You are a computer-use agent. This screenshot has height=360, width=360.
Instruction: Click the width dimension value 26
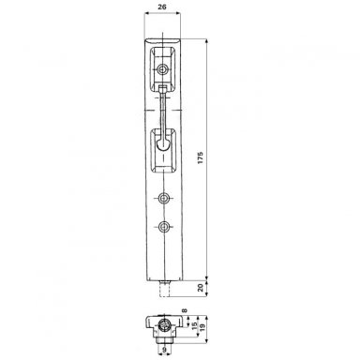pos(162,7)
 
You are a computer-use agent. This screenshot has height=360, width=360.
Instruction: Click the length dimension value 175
pos(201,157)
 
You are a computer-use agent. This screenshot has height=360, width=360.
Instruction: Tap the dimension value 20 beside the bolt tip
pos(201,288)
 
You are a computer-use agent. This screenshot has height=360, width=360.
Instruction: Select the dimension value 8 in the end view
pos(185,310)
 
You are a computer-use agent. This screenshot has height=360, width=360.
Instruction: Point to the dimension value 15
pos(194,326)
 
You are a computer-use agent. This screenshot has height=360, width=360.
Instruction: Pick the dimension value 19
pos(202,327)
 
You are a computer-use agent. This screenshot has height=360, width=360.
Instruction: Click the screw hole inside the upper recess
pos(162,69)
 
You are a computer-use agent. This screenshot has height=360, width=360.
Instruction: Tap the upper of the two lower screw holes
pos(163,198)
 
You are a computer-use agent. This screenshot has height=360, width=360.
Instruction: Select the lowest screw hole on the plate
pos(163,227)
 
